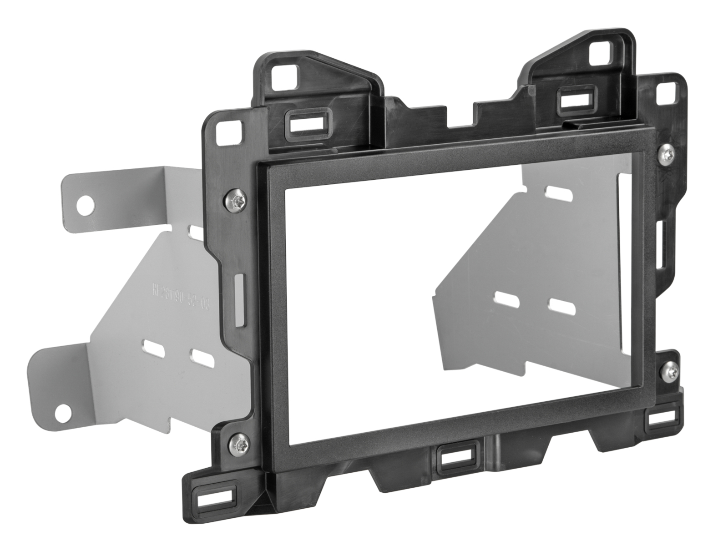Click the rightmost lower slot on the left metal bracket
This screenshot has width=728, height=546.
pyautogui.click(x=202, y=358)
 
